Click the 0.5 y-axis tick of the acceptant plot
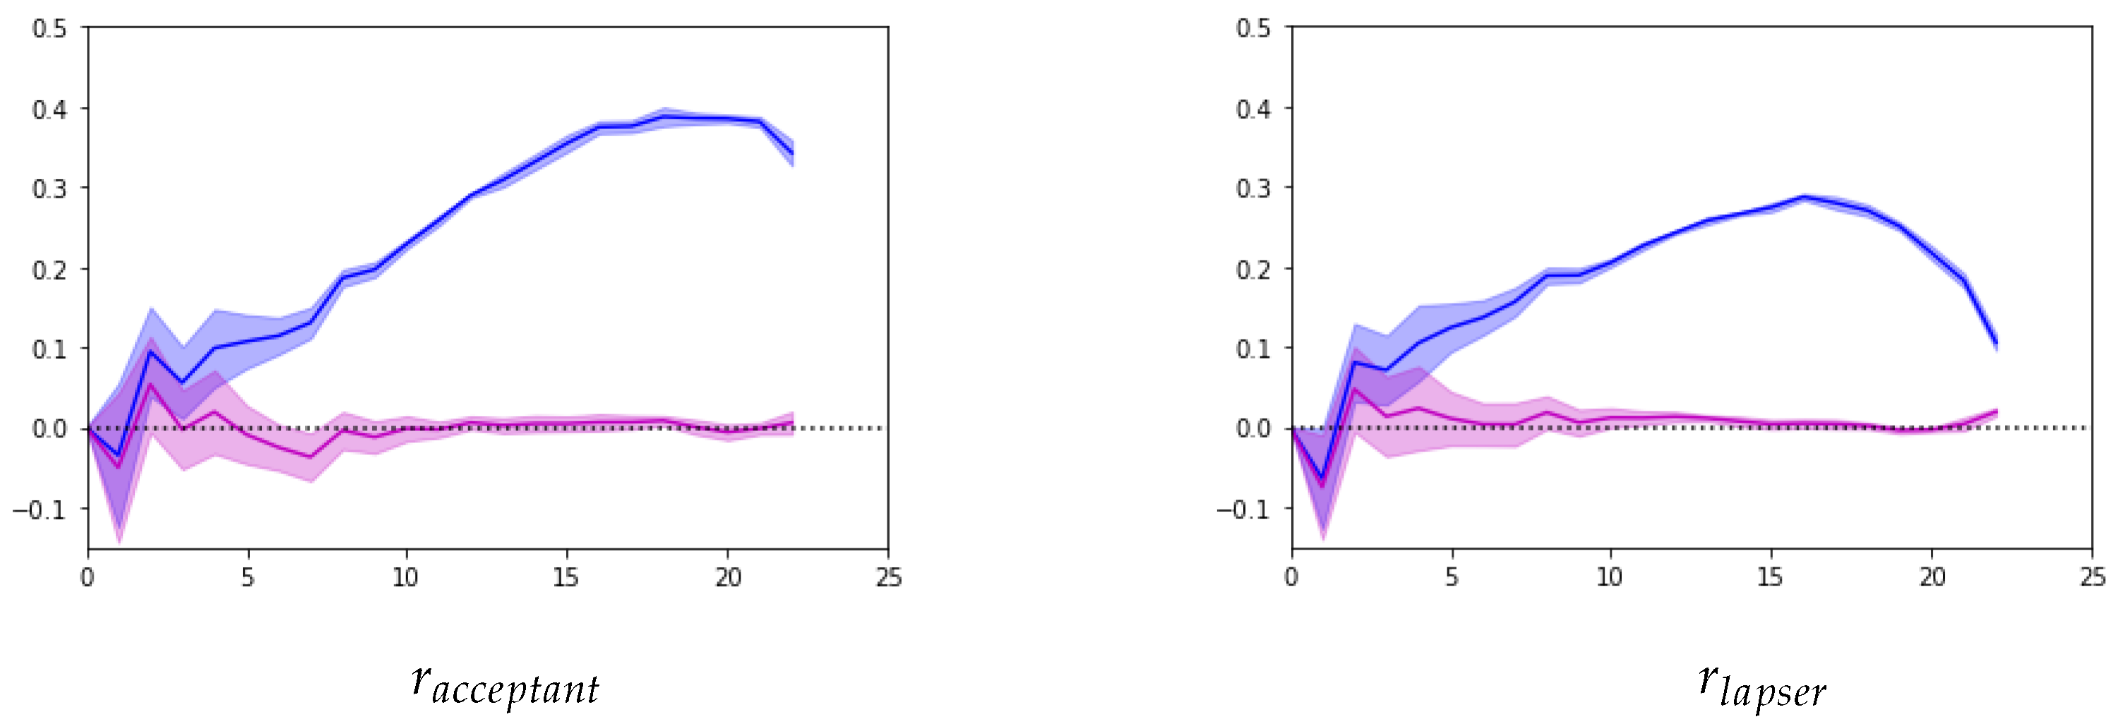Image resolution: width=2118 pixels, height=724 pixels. (x=49, y=29)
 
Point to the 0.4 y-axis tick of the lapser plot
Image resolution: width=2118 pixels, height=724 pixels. (x=1253, y=109)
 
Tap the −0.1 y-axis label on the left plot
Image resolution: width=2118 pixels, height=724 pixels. (x=39, y=510)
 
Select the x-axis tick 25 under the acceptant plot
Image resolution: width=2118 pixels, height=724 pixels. (x=888, y=579)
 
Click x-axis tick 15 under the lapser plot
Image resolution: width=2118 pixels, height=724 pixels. (x=1770, y=579)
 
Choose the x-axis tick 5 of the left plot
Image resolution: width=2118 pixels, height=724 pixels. (x=248, y=579)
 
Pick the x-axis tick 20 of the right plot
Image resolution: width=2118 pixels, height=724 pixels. (x=1932, y=579)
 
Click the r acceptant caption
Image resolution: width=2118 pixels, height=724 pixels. (x=505, y=685)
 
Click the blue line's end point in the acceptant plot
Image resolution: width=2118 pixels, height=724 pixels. (x=793, y=154)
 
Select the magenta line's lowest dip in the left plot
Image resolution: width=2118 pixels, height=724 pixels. (x=119, y=468)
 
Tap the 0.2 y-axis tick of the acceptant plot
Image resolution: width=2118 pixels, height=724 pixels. (x=49, y=270)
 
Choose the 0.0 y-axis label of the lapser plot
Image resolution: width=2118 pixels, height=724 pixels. (x=1253, y=429)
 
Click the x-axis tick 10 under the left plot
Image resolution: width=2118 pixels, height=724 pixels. (x=406, y=579)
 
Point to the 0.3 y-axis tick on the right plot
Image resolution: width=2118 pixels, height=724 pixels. (x=1253, y=189)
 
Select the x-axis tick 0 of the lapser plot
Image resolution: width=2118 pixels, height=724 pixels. (x=1292, y=579)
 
